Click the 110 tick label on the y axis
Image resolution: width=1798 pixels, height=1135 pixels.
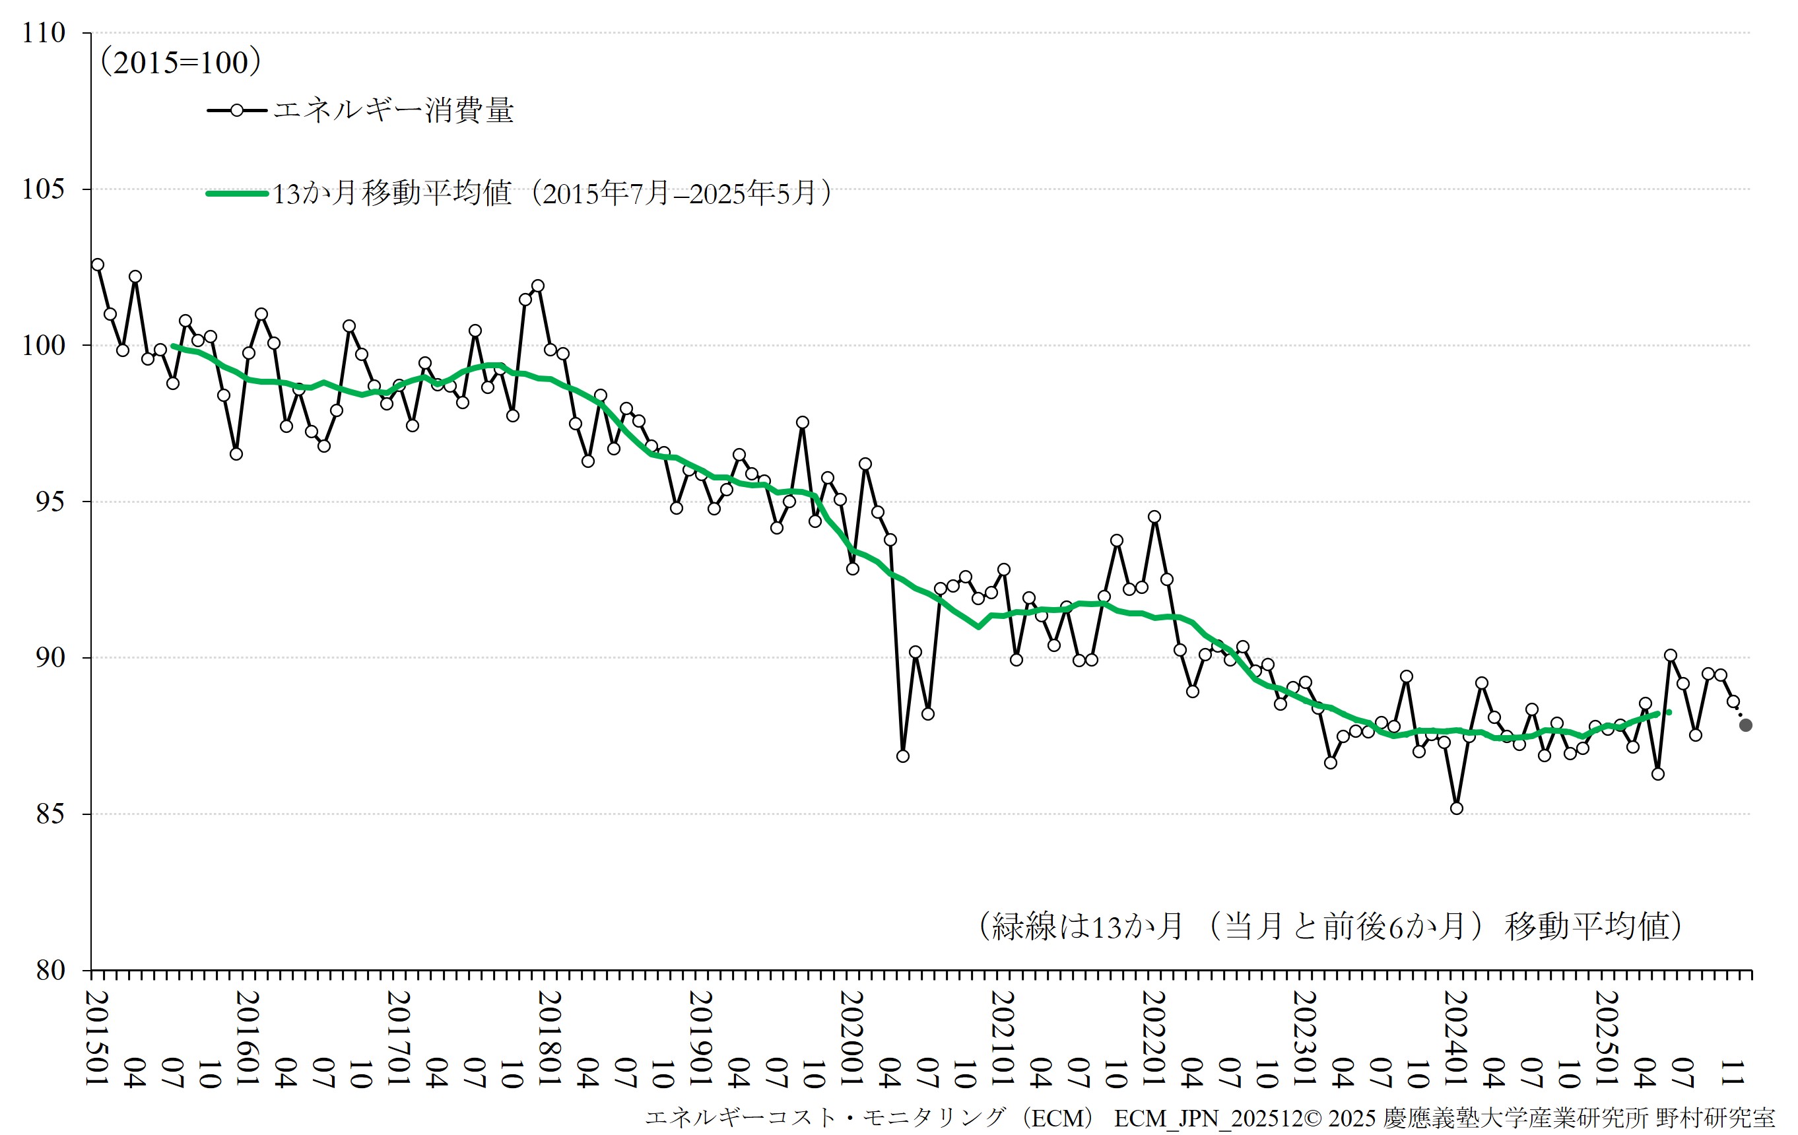44,33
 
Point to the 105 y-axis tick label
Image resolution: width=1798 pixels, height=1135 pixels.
44,189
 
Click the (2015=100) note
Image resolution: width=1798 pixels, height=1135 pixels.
181,62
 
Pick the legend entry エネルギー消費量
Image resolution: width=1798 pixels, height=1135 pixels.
393,110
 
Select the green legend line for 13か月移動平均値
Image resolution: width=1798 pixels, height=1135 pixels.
238,193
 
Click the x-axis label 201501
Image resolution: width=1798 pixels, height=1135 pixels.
98,1038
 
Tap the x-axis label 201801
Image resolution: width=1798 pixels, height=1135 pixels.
550,1038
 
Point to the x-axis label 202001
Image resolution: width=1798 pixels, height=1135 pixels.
852,1038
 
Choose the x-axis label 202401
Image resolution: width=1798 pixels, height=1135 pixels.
1456,1038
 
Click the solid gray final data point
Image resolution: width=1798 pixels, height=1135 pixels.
1746,725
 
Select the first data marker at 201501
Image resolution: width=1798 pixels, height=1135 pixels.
98,265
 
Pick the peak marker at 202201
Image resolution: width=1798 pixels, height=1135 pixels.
1154,517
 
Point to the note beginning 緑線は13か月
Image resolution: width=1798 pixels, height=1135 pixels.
1329,926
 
